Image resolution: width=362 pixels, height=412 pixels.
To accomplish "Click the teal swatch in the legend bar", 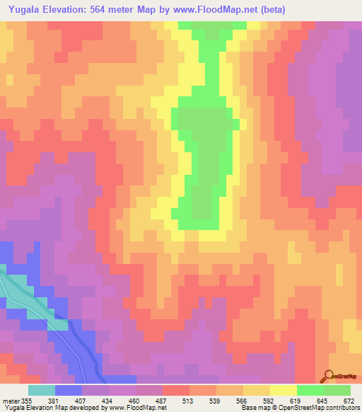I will tap(42, 389).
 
